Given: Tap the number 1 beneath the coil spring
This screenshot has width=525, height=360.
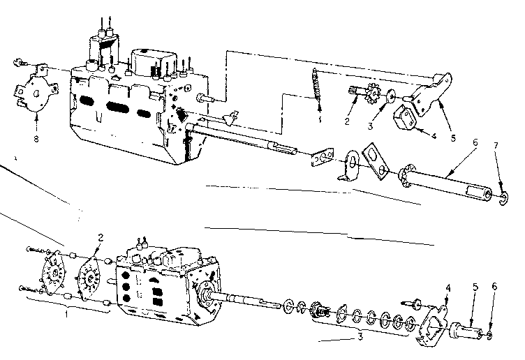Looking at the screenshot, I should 318,119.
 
